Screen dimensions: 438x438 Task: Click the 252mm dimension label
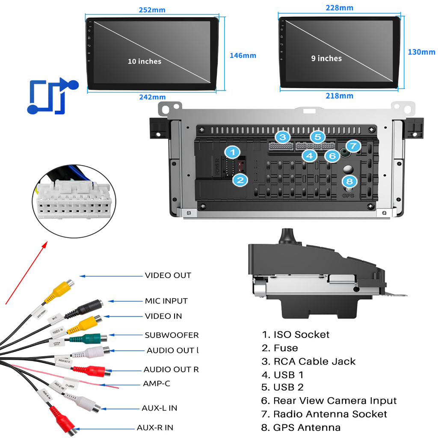(x=152, y=10)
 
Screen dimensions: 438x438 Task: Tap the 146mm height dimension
(x=243, y=55)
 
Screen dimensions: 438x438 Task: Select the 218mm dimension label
(x=339, y=96)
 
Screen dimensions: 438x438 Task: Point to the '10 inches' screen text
(x=145, y=61)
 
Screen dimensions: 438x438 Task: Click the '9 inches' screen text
(x=326, y=58)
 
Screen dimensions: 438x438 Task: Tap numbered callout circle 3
(x=282, y=137)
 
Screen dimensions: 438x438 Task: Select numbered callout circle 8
(x=349, y=181)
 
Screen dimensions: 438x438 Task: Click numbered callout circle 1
(x=232, y=152)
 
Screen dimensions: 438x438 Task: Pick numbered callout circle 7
(x=353, y=146)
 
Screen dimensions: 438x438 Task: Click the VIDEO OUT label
(x=168, y=275)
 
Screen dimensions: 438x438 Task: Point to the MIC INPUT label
(x=166, y=301)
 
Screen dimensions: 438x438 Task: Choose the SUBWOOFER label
(x=172, y=335)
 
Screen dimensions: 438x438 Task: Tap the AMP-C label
(x=156, y=383)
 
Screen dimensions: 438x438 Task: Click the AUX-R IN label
(x=155, y=427)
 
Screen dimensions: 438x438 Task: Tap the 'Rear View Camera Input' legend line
(x=329, y=401)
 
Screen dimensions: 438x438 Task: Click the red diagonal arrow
(x=26, y=273)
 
